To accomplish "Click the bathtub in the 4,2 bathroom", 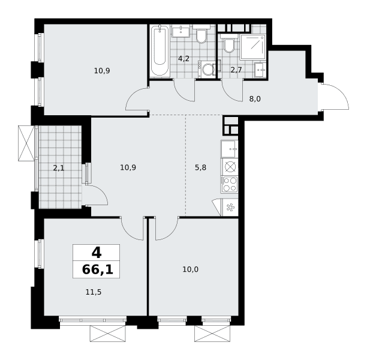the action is coord(160,51).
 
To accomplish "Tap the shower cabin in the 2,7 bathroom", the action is coord(253,47).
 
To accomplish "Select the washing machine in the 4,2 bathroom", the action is coord(206,69).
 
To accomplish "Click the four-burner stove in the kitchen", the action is coord(229,184).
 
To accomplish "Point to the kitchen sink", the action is coord(229,149).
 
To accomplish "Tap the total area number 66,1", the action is coord(98,269).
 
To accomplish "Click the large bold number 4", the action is coord(97,253).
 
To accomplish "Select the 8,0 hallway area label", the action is coord(255,99).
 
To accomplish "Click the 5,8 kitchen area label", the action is coord(200,167).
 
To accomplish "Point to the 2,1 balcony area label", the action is coord(59,168).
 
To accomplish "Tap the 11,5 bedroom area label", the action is coord(94,292).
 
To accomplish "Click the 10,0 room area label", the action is coord(190,269).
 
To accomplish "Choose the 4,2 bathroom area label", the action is coord(183,59).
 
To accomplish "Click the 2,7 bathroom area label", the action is coord(236,70).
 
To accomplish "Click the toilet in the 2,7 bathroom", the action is coord(229,44).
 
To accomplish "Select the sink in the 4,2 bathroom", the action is coord(181,31).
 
